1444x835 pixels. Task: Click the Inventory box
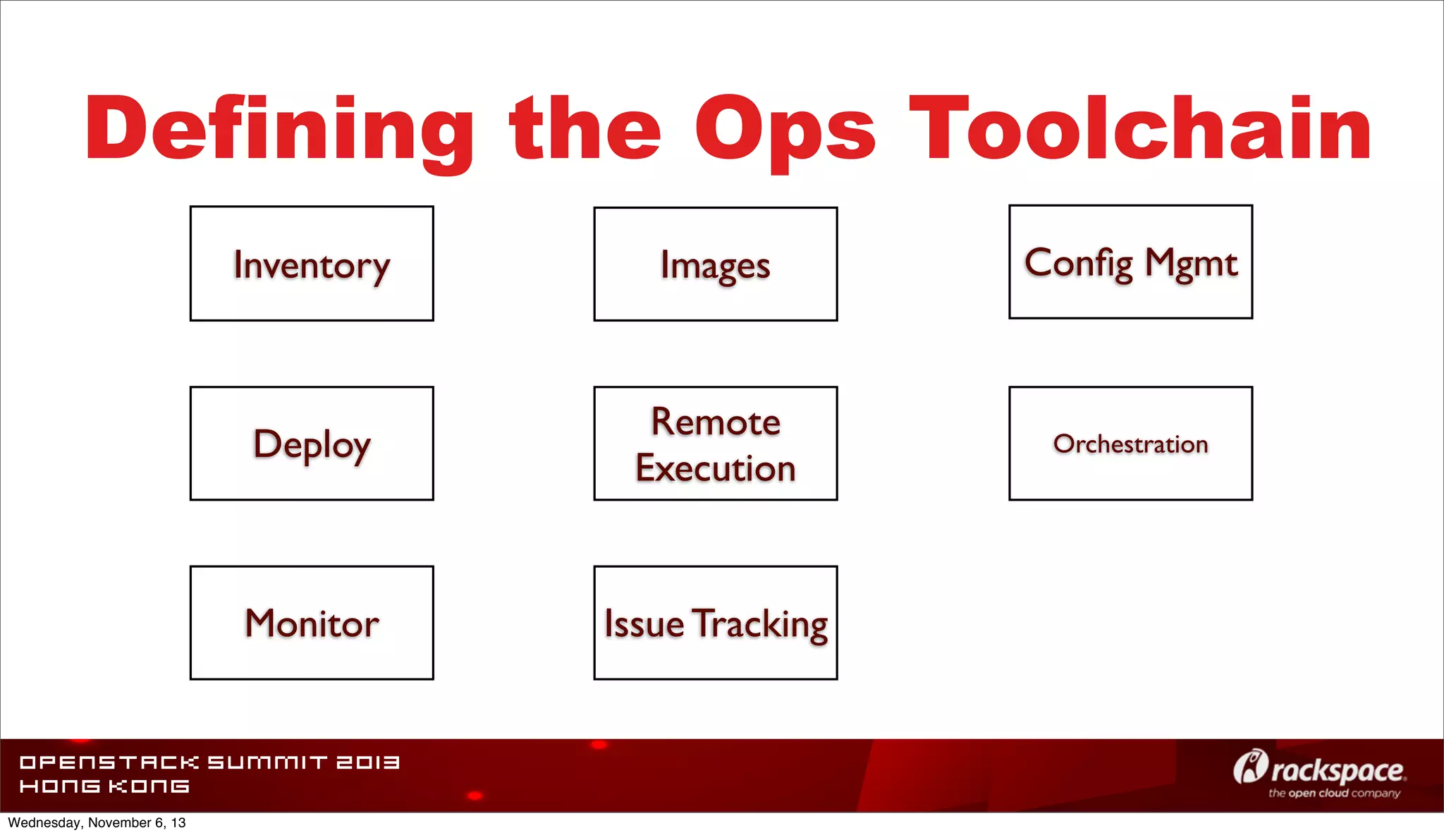(x=312, y=264)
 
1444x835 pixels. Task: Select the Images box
(x=716, y=264)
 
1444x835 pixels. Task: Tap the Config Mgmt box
(x=1130, y=262)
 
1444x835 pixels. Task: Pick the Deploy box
(x=312, y=444)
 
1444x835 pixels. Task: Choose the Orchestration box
(x=1130, y=444)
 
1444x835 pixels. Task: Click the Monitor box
(x=312, y=623)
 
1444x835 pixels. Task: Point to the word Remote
(x=716, y=422)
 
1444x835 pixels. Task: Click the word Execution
(x=716, y=468)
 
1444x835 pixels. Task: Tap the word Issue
(x=644, y=624)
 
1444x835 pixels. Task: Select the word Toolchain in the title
(x=1140, y=128)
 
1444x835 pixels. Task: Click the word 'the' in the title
(x=585, y=128)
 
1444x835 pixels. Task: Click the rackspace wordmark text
(x=1338, y=771)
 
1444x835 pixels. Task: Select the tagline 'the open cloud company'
(x=1334, y=793)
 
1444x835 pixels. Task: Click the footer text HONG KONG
(x=104, y=786)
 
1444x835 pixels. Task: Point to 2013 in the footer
(x=367, y=762)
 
